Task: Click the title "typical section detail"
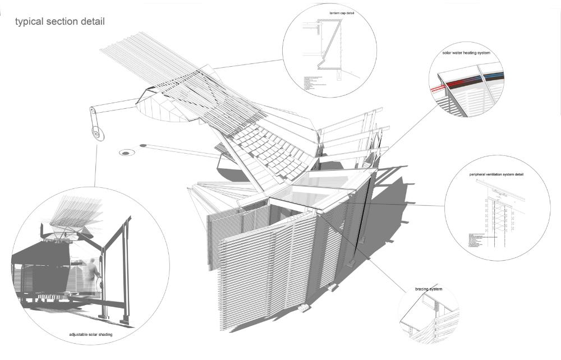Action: coord(60,22)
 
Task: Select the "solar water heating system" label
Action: coord(466,53)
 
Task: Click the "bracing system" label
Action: coord(429,289)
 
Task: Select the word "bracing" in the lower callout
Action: coord(422,289)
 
